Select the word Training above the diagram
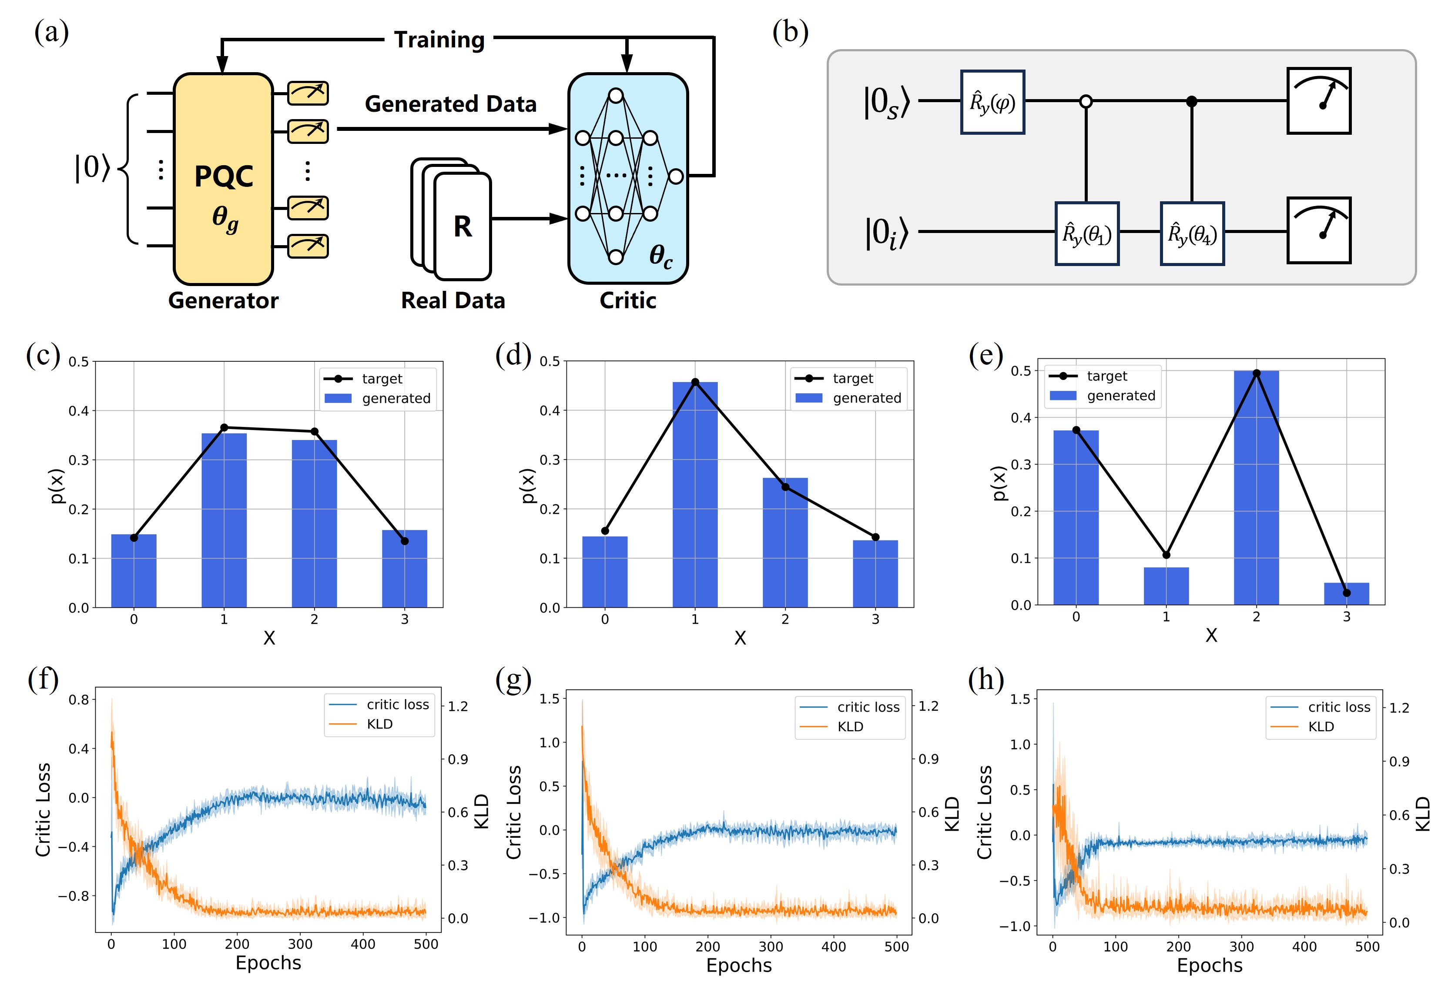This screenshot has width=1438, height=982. coord(439,40)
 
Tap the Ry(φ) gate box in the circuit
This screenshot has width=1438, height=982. coord(992,102)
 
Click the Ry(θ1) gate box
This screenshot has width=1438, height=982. coord(1086,234)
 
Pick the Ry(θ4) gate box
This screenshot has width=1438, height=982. coord(1192,234)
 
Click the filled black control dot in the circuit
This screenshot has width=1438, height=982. coord(1191,101)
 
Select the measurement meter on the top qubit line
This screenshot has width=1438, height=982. coord(1319,101)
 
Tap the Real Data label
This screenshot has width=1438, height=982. coord(453,300)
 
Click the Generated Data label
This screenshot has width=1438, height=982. coord(450,104)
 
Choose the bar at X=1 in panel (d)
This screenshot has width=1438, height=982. coord(695,495)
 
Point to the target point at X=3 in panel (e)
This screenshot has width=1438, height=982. coord(1347,593)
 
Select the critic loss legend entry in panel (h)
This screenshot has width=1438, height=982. coord(1338,707)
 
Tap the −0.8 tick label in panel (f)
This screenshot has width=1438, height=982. coord(73,895)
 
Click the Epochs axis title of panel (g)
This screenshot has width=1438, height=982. coord(739,965)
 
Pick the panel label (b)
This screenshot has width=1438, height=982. coord(790,32)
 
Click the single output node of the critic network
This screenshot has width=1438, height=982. coord(676,176)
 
